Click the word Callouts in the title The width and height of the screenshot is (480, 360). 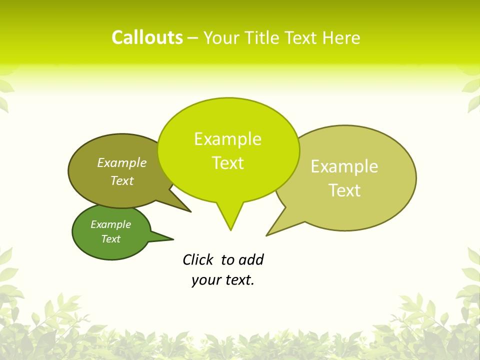pos(147,37)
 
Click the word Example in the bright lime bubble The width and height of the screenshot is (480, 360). pos(227,139)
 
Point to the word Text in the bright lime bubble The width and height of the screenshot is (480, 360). pos(227,163)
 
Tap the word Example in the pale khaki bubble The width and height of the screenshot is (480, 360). pos(344,166)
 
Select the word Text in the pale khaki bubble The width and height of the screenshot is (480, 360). pos(344,190)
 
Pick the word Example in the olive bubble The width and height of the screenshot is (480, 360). pos(122,163)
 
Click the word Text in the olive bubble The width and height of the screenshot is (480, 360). pos(122,180)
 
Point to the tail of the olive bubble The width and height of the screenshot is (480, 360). pos(185,208)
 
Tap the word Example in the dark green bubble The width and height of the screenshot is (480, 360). pos(110,224)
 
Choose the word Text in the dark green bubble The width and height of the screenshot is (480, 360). pos(110,239)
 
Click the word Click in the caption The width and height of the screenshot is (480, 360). pos(197,259)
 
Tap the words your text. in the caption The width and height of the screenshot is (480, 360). pos(223,280)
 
